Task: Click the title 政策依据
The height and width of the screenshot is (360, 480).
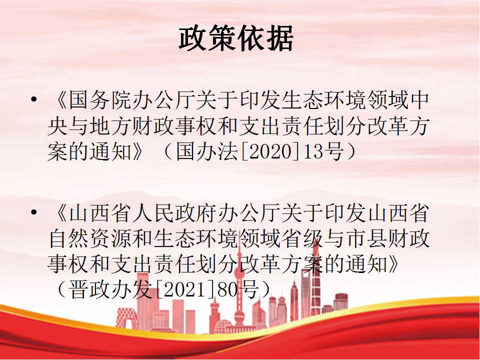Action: coord(236,38)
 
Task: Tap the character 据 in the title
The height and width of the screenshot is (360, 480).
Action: coord(279,38)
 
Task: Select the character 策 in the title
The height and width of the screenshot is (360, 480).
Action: coord(221,38)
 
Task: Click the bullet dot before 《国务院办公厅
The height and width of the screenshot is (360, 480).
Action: coord(34,99)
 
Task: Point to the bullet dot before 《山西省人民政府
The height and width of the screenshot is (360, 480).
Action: coord(34,212)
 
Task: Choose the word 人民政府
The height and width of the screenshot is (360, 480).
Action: coord(175,213)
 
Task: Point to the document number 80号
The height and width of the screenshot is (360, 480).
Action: coord(237,289)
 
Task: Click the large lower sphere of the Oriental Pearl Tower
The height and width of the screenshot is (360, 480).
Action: coord(239,314)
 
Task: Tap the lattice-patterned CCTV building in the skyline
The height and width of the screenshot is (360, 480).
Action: coord(126,318)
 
